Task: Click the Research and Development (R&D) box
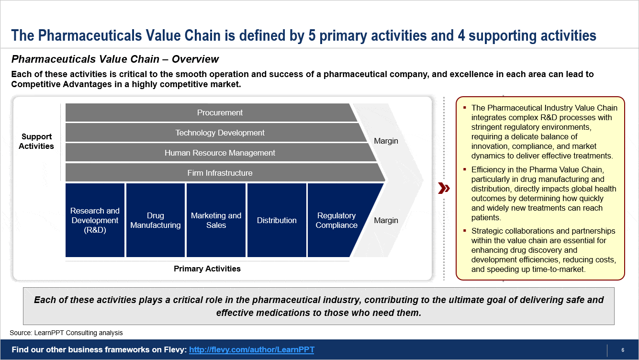pos(95,220)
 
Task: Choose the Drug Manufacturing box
pos(156,220)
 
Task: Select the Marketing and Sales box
pos(216,220)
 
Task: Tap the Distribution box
pos(277,220)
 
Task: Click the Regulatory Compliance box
pos(336,220)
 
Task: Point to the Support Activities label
pos(36,141)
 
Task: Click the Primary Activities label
pos(207,269)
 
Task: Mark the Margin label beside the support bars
pos(386,141)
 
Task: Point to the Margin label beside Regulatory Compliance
pos(386,220)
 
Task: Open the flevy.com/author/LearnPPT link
pos(252,349)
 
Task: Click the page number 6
pos(623,349)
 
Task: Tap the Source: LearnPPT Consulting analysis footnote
pos(66,333)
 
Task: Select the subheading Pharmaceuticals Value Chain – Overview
pos(115,59)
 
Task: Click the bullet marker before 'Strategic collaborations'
pos(465,231)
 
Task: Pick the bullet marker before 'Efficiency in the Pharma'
pos(465,169)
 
